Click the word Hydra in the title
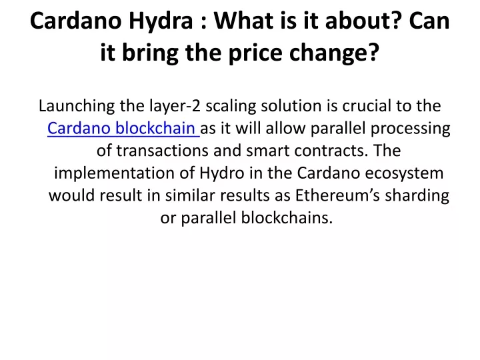(161, 21)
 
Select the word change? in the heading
(334, 53)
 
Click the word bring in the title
(150, 53)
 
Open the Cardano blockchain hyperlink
(123, 128)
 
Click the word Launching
(77, 106)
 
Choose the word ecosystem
(404, 173)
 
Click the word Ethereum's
(337, 195)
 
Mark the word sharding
(417, 195)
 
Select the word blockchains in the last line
(287, 217)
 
